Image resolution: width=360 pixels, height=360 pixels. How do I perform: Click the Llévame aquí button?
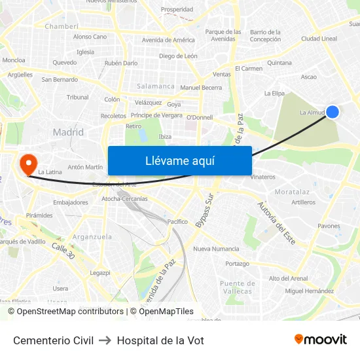click(179, 161)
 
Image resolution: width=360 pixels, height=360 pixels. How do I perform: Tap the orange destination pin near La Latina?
click(29, 164)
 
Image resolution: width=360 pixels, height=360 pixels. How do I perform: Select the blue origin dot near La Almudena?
click(333, 112)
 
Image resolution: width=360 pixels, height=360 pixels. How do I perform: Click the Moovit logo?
click(320, 340)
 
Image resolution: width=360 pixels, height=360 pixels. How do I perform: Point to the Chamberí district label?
click(62, 26)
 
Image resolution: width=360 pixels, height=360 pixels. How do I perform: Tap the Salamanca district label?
click(156, 86)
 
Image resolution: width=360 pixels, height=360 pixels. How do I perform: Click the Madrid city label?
click(68, 132)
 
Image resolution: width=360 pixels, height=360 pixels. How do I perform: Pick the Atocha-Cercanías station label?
click(124, 198)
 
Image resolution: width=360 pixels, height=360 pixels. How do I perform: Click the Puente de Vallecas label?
click(236, 287)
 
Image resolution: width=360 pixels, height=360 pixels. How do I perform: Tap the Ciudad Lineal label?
click(319, 39)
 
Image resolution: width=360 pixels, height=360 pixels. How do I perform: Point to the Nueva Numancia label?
click(216, 249)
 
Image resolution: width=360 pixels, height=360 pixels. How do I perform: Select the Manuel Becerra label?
click(201, 88)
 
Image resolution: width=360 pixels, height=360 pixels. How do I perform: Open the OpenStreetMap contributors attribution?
click(65, 312)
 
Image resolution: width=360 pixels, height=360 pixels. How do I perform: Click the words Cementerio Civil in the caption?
click(53, 340)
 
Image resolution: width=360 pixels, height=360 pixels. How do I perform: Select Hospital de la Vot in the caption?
click(160, 340)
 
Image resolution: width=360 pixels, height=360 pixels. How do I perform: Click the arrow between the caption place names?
click(105, 340)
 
